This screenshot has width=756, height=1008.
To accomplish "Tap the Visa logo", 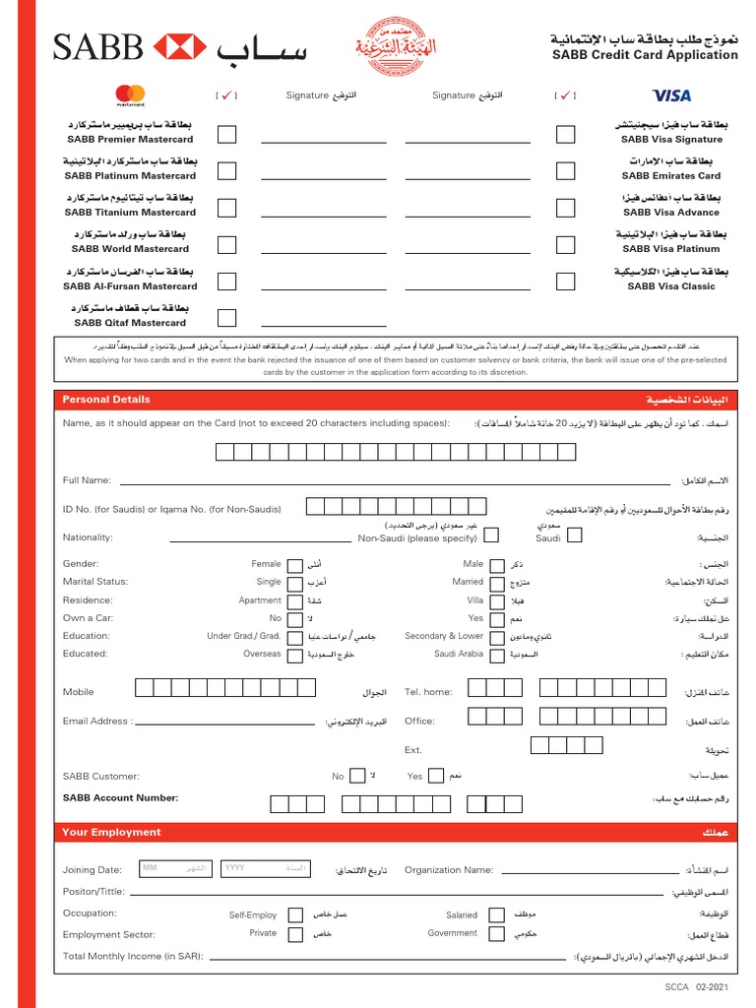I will (x=671, y=95).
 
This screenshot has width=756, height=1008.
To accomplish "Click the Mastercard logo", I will (x=130, y=94).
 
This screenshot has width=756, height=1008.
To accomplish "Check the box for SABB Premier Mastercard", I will (x=226, y=134).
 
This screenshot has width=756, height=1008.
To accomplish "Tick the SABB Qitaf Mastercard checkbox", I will (x=226, y=317).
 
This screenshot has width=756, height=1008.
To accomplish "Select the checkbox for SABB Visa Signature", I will (x=565, y=134).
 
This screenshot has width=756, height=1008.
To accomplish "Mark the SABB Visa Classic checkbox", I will (x=565, y=281).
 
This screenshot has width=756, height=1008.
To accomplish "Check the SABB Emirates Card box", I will (x=565, y=170).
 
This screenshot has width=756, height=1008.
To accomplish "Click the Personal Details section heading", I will (x=106, y=400).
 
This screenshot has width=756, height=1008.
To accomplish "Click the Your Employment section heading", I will (x=111, y=833).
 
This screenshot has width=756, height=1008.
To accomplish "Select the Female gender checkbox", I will (x=295, y=565).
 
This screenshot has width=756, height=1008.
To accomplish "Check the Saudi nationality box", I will (x=575, y=535).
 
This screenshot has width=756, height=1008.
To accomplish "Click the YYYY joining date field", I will (x=265, y=868).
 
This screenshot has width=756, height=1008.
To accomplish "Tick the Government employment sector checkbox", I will (x=492, y=933).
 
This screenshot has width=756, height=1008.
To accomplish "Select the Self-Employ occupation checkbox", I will (x=295, y=915).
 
